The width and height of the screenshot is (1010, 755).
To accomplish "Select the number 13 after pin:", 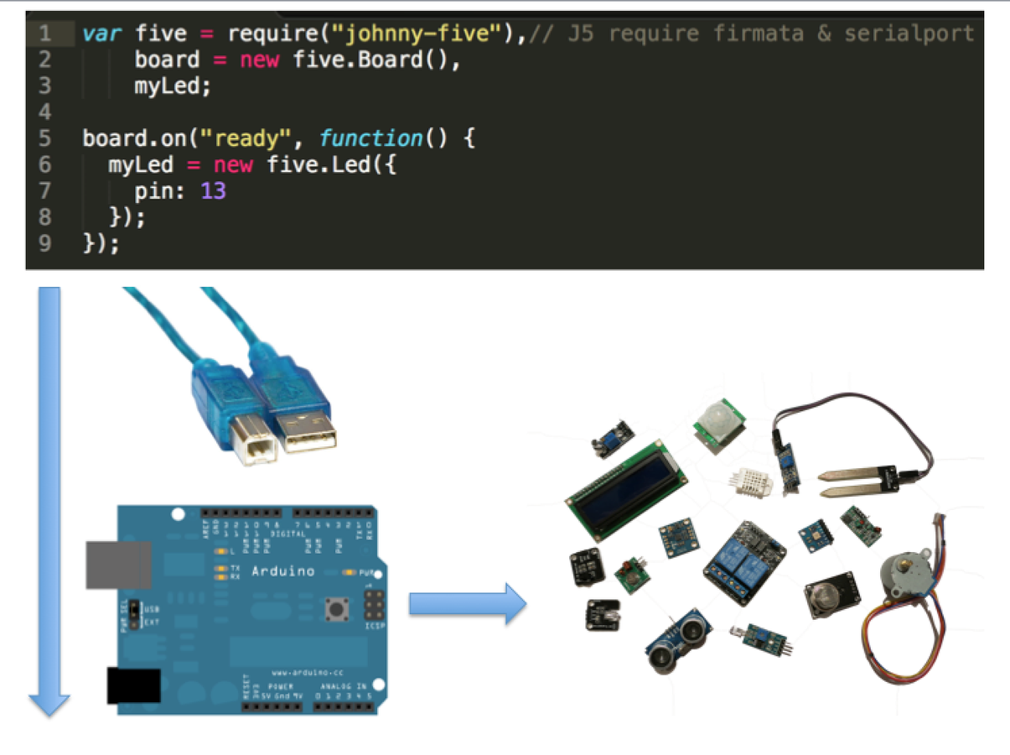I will [x=213, y=191].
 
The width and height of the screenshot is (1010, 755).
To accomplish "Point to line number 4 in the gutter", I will [x=44, y=112].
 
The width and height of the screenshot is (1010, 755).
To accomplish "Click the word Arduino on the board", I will [x=283, y=571].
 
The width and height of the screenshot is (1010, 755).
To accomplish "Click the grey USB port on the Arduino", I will [x=118, y=565].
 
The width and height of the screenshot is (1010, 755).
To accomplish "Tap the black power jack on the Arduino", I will [x=133, y=685].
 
